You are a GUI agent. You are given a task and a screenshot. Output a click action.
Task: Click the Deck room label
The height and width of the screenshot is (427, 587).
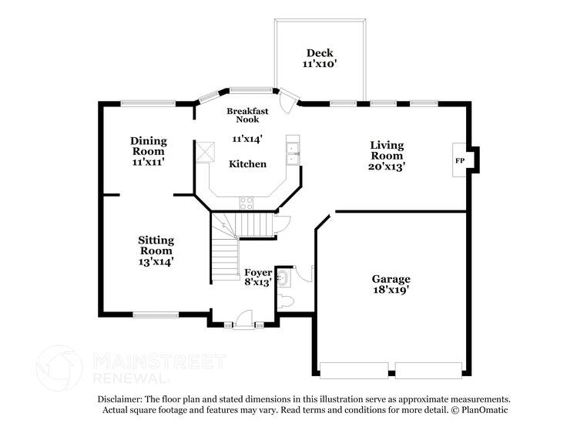point(320,53)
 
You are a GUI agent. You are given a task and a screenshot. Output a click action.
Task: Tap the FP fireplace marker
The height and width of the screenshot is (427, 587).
point(460,160)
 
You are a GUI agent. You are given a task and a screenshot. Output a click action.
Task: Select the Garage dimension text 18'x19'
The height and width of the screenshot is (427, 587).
point(391,290)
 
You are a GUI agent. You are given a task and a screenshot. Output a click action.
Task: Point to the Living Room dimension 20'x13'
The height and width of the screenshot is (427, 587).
point(387,166)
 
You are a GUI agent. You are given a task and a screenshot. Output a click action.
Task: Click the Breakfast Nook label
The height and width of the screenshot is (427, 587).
point(247,115)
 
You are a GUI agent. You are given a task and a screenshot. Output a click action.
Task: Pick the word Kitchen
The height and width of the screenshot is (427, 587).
point(247,164)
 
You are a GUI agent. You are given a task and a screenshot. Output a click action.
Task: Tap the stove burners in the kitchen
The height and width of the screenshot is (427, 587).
point(246,203)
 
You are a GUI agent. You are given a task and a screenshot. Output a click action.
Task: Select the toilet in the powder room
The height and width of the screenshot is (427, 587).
point(287,301)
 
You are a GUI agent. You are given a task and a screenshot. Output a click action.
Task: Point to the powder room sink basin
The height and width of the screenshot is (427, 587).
point(283,279)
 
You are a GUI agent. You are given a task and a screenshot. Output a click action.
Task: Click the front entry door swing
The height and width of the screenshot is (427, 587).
point(243,320)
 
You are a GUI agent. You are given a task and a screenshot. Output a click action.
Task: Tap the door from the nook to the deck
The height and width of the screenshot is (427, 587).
point(289,100)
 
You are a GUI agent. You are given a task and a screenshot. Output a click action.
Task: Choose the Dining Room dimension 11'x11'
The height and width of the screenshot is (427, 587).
point(148,162)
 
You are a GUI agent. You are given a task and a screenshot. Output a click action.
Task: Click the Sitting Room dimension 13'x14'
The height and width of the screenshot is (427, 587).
point(156,261)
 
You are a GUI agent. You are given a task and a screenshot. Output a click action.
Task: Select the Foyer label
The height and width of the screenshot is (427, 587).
point(258,272)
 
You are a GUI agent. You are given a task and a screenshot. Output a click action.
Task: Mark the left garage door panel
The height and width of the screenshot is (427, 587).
point(354,371)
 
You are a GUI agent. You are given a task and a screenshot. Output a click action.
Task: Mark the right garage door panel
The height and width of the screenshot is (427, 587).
point(428,371)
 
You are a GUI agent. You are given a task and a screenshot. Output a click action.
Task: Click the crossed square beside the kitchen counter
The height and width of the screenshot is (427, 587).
point(205,153)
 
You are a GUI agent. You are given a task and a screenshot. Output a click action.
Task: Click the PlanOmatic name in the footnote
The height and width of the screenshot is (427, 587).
point(485,410)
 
